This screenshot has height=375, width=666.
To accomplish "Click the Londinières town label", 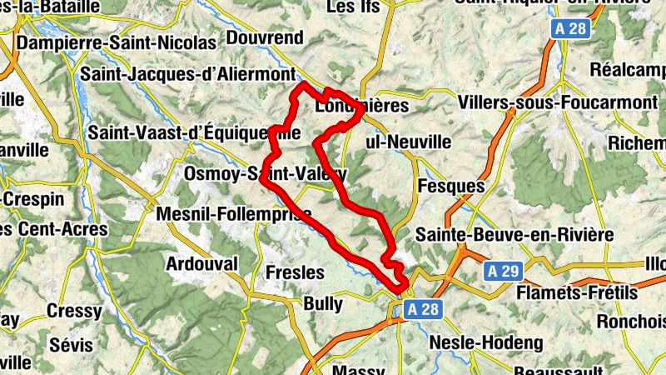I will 362,107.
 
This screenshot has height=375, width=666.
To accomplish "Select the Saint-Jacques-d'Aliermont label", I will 188,73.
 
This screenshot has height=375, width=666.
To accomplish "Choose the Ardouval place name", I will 202,263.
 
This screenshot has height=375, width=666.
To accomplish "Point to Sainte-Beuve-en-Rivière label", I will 515,235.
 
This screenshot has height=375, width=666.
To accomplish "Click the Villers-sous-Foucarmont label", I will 558,102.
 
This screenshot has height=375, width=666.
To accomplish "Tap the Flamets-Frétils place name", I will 577,292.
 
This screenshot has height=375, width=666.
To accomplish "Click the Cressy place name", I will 74,310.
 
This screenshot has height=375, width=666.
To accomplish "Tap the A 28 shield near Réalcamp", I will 569,30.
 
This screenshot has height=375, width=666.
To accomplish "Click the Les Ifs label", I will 353,7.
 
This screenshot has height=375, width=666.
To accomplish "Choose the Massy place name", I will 358,368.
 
